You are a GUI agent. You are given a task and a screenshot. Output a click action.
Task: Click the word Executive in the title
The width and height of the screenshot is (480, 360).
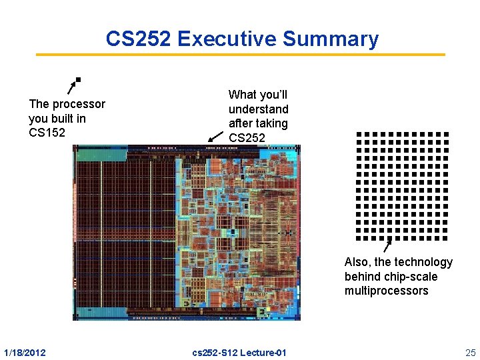[227, 39]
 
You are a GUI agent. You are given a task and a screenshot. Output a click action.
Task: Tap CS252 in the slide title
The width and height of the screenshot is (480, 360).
[139, 39]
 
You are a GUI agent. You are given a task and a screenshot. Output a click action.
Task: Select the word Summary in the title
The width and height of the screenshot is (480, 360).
[331, 39]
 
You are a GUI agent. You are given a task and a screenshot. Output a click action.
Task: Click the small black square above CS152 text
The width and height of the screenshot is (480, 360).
[78, 80]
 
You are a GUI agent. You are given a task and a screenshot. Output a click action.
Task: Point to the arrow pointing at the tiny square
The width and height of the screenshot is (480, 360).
[71, 87]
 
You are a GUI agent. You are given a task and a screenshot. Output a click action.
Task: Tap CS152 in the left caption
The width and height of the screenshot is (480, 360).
[47, 133]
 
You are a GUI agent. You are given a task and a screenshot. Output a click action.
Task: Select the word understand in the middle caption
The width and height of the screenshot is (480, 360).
[259, 109]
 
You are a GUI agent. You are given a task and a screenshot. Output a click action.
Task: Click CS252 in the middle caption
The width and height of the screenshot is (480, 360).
[247, 137]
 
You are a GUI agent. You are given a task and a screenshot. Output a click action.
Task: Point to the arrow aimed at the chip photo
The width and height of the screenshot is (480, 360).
[215, 136]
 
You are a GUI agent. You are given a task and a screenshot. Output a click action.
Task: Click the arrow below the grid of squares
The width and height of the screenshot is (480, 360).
[387, 246]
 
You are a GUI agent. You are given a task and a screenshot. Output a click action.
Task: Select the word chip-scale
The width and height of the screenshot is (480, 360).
[391, 276]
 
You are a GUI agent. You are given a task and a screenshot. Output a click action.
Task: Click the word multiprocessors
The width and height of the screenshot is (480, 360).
[387, 291]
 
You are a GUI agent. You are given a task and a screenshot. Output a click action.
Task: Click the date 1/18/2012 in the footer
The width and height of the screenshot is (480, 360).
[25, 351]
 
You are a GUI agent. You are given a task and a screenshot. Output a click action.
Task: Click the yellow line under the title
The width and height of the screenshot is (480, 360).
[240, 55]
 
